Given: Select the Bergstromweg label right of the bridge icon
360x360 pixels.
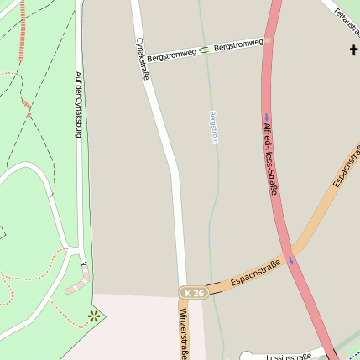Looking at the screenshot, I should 238,44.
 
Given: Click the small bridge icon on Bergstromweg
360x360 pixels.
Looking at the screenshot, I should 204,49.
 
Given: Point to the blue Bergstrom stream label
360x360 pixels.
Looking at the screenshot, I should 213,127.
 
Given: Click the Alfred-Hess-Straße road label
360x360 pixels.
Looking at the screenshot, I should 270,159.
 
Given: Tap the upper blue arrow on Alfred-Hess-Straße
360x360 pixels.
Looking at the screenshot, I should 267,117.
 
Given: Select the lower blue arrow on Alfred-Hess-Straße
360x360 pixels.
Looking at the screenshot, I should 292,260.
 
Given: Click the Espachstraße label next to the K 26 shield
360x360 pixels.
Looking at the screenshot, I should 254,273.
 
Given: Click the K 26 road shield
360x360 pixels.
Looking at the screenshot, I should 194,292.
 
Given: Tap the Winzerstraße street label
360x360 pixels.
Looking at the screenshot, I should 182,334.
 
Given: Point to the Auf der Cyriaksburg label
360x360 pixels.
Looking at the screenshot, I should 79,104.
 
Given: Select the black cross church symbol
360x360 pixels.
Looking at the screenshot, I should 353,51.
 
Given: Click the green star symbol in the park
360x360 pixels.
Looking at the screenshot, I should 94,316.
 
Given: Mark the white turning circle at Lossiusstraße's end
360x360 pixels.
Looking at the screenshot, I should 246,356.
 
